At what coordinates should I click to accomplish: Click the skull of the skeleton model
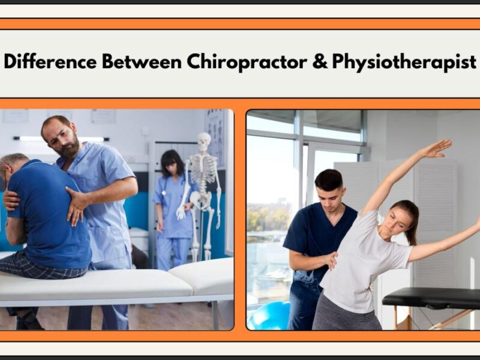click(x=205, y=142)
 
